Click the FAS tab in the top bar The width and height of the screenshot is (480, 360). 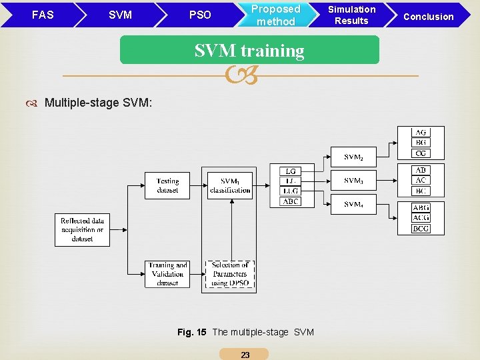pos(42,14)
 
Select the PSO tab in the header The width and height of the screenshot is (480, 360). pos(199,15)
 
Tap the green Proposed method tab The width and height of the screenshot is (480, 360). pos(275,15)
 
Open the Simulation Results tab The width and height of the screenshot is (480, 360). pos(351,15)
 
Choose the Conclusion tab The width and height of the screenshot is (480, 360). pos(428,16)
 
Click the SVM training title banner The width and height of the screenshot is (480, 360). pos(249,51)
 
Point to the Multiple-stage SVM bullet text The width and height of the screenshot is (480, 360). pos(98,102)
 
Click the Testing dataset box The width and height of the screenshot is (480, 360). pos(167,185)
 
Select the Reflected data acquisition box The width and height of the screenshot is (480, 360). pos(83,229)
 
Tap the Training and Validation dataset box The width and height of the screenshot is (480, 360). pos(167,274)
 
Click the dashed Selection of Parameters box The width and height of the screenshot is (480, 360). pos(230,274)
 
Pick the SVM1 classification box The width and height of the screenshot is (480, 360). pos(230,185)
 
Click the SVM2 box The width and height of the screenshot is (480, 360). pos(354,157)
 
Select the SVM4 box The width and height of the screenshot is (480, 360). pos(354,203)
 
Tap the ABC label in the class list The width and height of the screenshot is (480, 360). pos(290,201)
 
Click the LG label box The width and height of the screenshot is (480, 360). pos(290,171)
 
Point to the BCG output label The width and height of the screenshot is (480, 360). pos(421,229)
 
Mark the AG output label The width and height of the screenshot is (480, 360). pos(421,133)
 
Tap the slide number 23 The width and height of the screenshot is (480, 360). pos(245,355)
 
